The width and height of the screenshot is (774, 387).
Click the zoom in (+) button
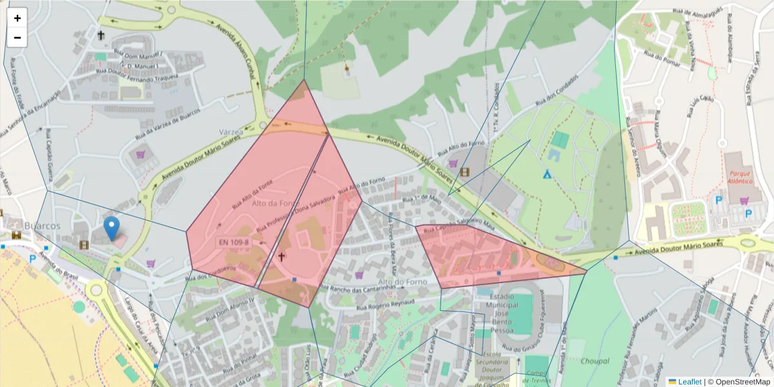coord(17,18)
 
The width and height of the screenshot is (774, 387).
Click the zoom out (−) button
coord(17,37)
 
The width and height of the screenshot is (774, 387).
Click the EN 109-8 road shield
coord(233,243)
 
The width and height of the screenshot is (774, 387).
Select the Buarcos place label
coord(41,226)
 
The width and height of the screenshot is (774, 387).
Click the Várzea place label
coord(230,132)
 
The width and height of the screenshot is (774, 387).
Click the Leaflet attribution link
coord(690,382)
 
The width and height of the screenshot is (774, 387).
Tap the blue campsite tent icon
coord(547,174)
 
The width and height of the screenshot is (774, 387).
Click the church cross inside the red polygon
coord(281,256)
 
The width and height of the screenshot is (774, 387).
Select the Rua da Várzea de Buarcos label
coord(168,124)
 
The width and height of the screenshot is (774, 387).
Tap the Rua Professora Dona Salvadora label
coord(295,214)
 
